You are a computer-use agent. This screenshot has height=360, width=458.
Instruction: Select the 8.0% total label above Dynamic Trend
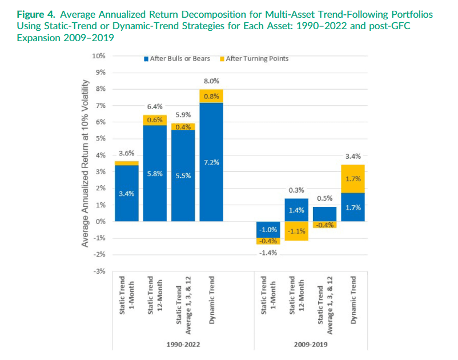211,82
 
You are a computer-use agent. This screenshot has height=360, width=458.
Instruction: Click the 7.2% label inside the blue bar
211,163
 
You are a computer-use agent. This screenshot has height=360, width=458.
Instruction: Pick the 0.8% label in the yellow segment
211,96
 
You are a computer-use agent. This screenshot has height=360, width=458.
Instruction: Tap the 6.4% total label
155,106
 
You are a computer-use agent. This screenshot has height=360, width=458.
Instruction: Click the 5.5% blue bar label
183,175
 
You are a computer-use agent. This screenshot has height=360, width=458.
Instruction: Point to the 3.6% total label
126,153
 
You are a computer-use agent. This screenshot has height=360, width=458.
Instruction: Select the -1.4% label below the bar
268,253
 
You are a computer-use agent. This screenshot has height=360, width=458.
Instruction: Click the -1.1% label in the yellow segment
296,231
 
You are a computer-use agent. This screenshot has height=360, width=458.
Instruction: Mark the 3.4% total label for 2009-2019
353,155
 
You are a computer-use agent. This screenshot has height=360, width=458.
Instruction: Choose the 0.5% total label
324,198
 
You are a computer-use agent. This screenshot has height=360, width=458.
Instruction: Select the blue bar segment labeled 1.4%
296,210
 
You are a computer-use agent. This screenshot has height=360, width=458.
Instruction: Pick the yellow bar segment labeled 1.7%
353,179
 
